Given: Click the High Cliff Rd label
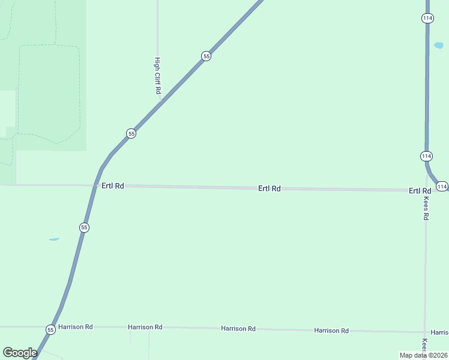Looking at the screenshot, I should point(158,76).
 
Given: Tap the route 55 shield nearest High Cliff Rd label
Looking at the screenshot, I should point(206,56).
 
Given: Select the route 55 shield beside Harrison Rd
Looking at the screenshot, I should point(50,329).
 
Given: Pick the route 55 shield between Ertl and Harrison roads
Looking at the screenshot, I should point(84,227).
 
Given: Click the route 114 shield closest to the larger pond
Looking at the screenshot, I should point(427,18).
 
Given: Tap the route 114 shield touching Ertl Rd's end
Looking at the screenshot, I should point(442,187).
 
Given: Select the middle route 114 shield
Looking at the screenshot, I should point(426,156).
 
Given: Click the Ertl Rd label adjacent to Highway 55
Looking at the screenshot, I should point(113,186).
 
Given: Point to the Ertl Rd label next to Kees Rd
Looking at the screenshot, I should point(420,191).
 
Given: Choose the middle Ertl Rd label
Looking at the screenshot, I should point(270,188).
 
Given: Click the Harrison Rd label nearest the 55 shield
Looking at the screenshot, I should point(80,327).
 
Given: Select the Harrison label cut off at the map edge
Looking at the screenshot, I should point(439,332).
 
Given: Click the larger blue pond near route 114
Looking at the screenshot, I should point(438,46).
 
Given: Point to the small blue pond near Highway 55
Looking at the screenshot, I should point(54,239).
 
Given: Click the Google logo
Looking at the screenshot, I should point(20,353).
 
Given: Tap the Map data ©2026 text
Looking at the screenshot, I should point(423,355).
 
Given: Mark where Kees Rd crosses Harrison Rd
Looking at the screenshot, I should point(425,332).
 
